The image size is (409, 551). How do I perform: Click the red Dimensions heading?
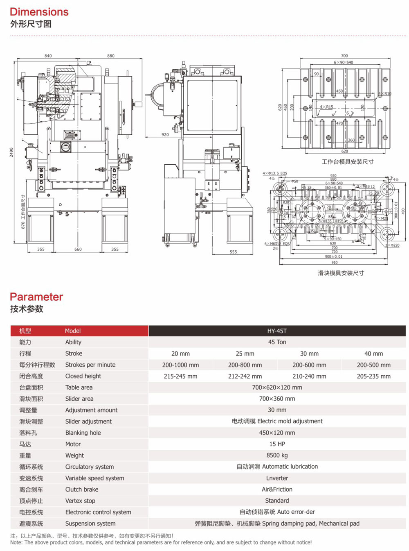click(39, 12)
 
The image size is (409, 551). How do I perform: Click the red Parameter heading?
click(36, 297)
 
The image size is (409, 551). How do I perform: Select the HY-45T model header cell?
click(277, 331)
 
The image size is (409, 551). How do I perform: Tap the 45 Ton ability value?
click(277, 342)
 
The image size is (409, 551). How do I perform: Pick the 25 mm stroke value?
click(245, 354)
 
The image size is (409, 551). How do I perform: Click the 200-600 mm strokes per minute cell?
click(309, 365)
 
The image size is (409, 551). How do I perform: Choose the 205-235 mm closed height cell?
click(373, 376)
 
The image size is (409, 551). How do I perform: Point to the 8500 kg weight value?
click(277, 455)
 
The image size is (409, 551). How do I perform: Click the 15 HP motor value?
click(277, 444)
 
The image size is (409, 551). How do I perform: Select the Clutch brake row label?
click(82, 490)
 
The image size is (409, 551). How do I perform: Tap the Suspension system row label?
click(90, 524)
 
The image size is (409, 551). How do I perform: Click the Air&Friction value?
click(277, 490)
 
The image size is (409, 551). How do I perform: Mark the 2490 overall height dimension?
click(11, 152)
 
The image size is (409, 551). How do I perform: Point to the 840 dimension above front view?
click(48, 56)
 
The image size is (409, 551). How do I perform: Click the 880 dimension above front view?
click(111, 56)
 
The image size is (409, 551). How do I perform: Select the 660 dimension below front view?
click(78, 249)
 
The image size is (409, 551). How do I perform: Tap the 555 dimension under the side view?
click(233, 252)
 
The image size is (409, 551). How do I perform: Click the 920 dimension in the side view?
click(165, 135)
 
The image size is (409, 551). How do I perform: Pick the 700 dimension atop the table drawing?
click(344, 56)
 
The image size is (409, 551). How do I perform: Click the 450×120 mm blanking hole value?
click(277, 433)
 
